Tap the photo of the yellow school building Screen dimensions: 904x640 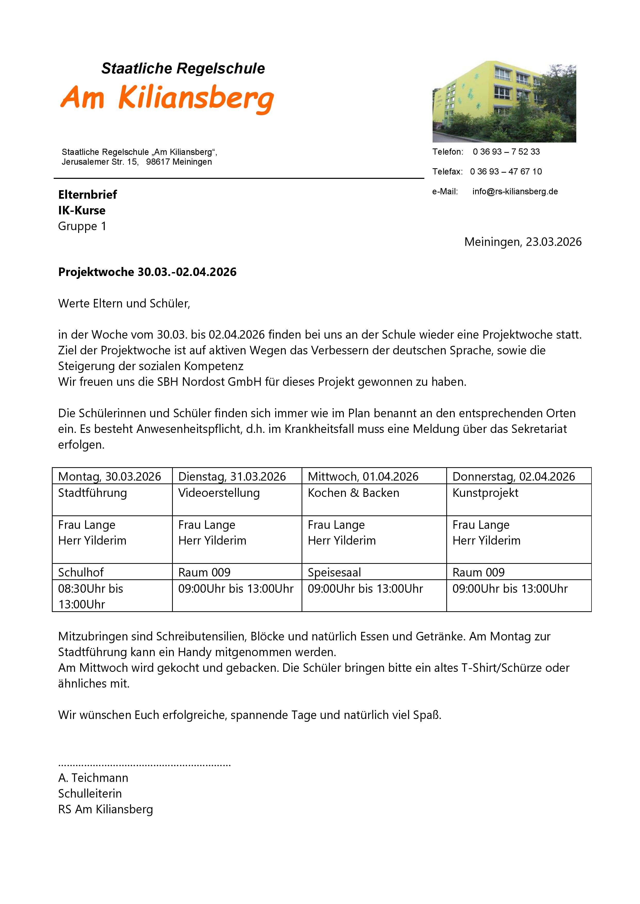(504, 102)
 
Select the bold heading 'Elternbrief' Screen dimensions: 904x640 (87, 195)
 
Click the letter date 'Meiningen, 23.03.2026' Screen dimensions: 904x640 (523, 242)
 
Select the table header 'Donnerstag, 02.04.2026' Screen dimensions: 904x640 (514, 476)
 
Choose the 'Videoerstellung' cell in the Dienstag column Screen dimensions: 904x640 (219, 493)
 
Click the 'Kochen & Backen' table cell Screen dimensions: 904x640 (353, 493)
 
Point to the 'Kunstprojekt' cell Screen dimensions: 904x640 (485, 493)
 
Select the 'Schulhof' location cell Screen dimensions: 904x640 (81, 572)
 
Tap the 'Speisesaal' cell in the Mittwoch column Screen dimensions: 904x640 (334, 572)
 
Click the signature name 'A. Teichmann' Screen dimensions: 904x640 (93, 778)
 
